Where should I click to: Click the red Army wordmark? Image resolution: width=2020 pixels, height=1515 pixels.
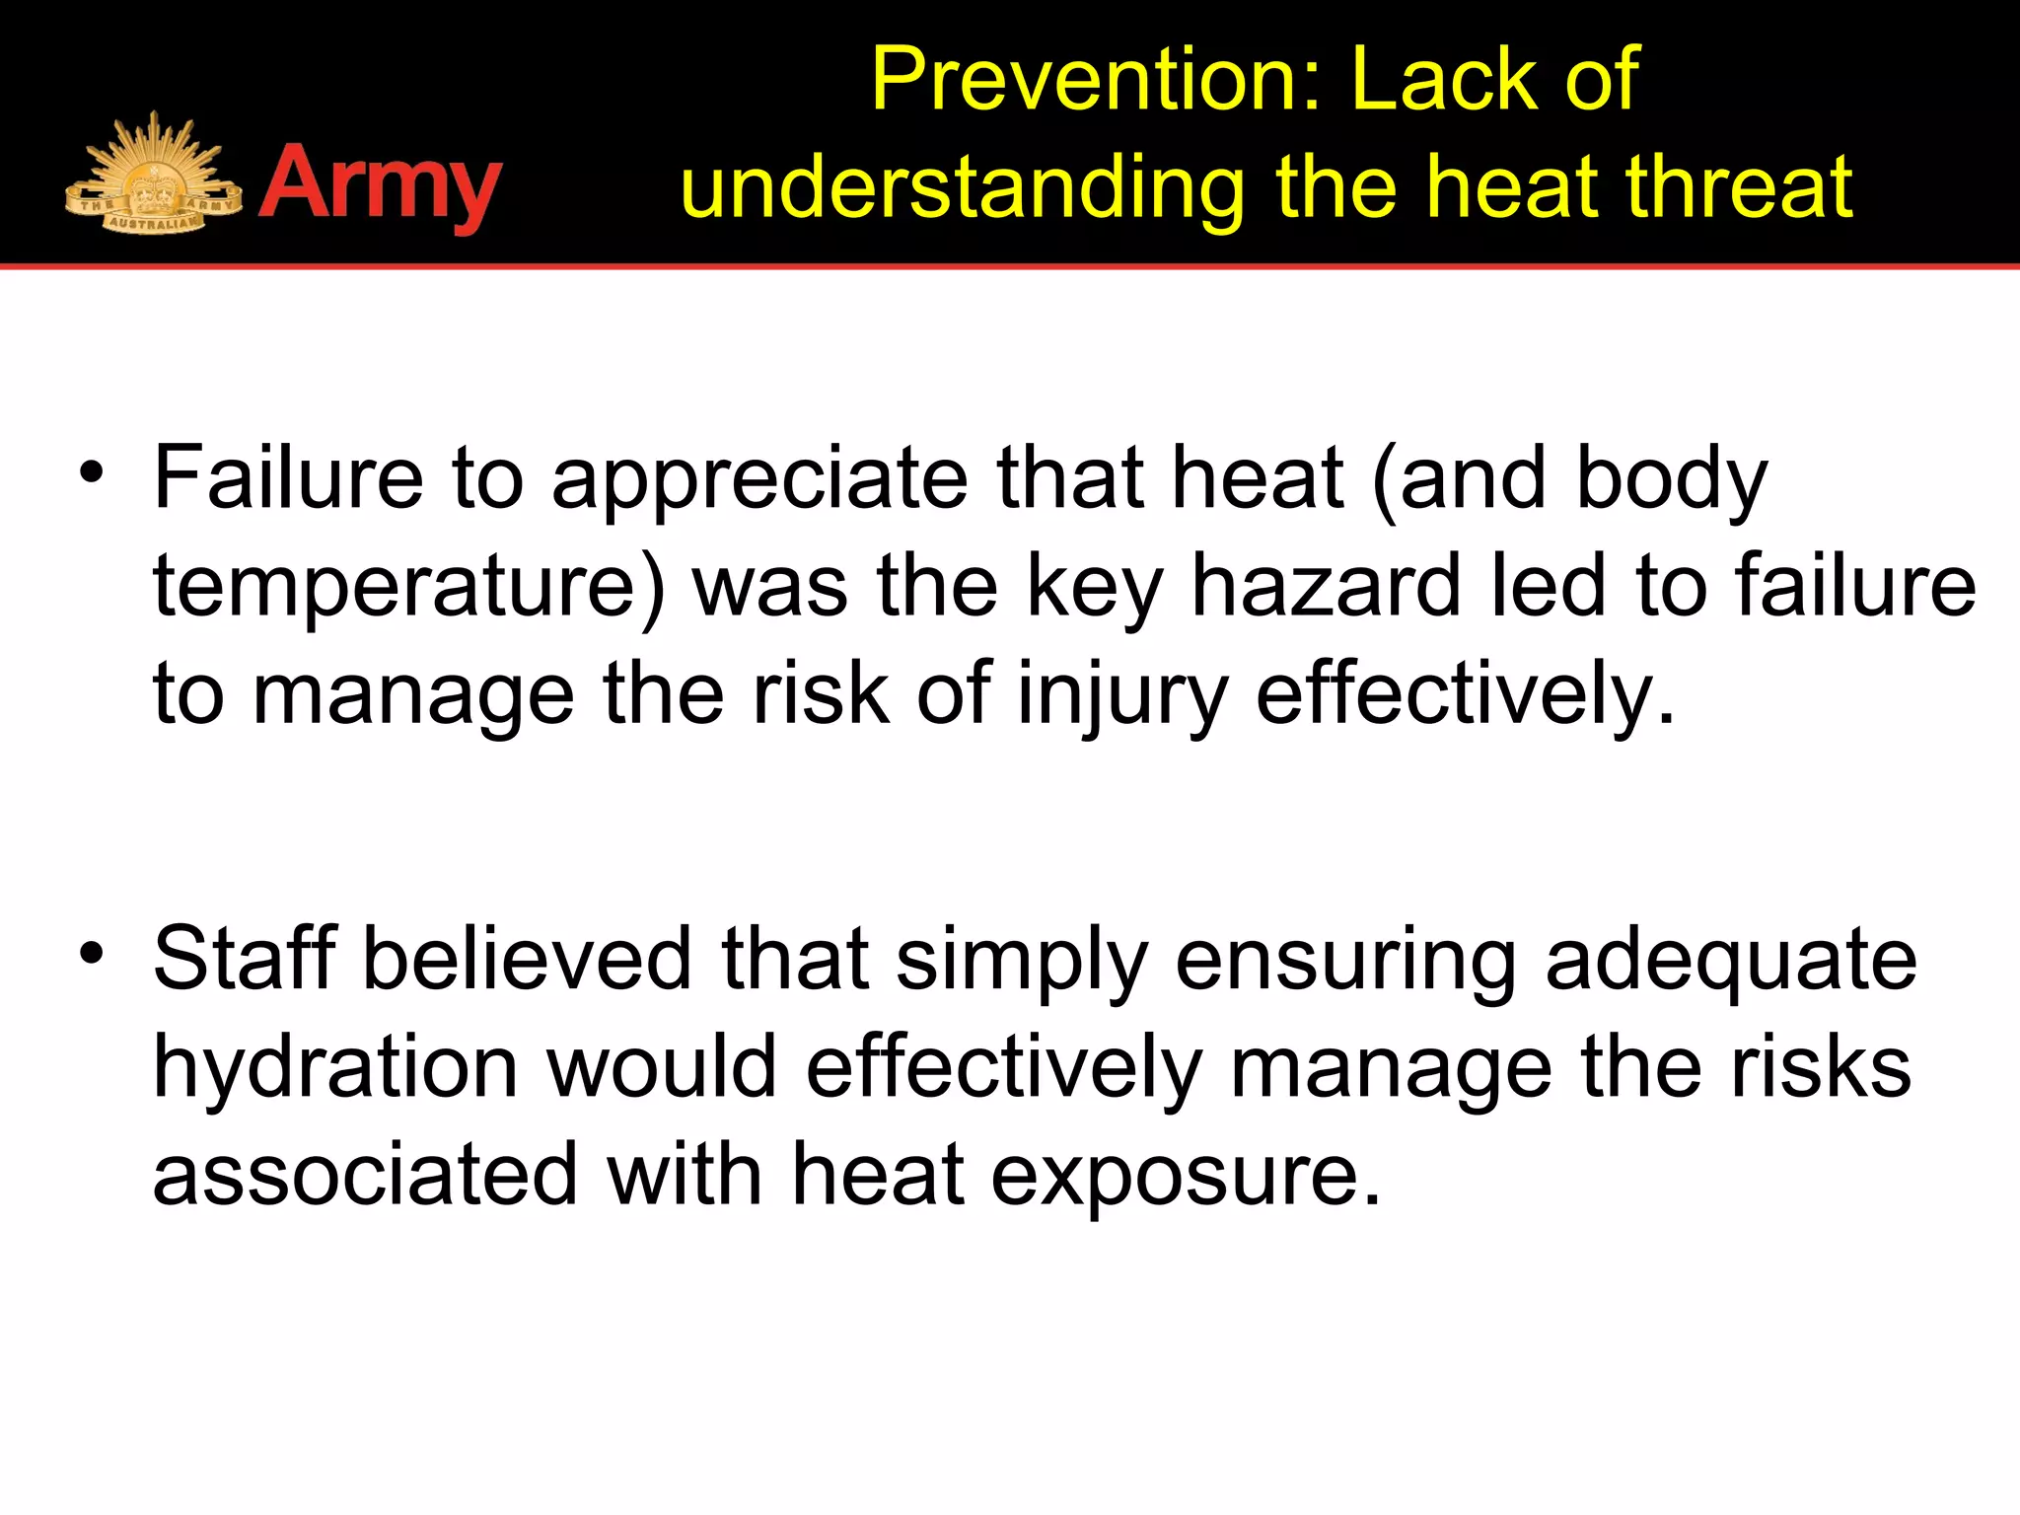(x=381, y=184)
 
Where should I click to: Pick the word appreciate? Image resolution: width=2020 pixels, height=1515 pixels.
(x=759, y=480)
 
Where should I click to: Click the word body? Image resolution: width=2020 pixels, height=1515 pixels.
(x=1672, y=480)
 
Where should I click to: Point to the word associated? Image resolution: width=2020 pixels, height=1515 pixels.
(x=365, y=1174)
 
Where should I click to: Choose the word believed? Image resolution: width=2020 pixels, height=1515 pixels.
(x=528, y=959)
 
